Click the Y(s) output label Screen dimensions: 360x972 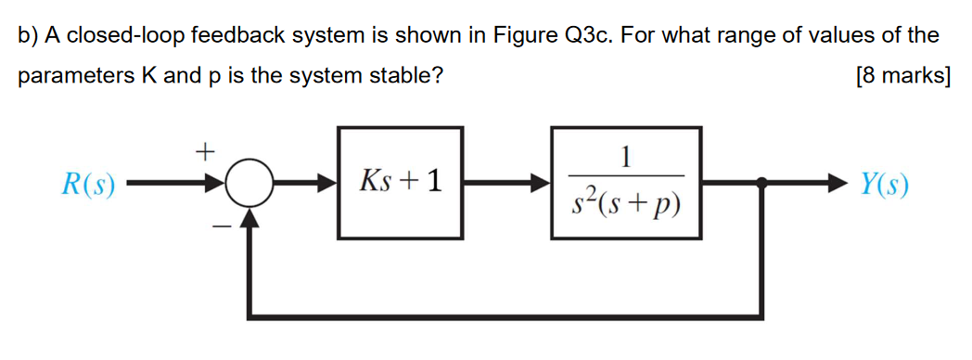883,185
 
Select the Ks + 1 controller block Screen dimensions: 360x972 401,183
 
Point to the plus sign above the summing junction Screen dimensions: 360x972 205,148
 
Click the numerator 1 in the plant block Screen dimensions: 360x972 627,155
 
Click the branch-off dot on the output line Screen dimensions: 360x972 762,185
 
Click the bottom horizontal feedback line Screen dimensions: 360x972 505,316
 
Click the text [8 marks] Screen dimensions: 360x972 903,76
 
